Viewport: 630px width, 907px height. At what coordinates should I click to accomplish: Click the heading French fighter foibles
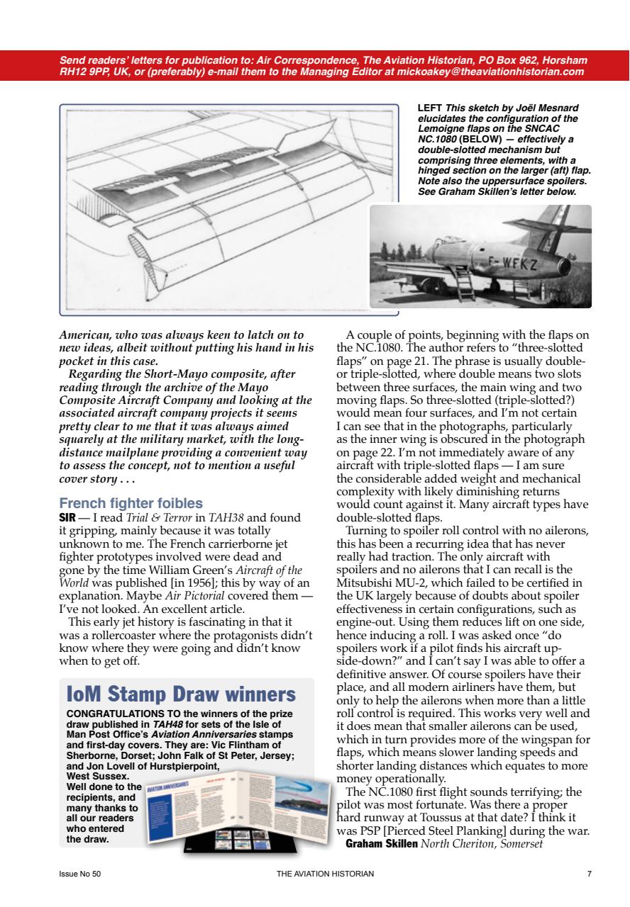point(131,504)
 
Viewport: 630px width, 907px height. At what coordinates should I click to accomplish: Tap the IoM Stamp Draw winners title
point(181,693)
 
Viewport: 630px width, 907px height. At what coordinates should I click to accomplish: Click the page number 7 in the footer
point(590,874)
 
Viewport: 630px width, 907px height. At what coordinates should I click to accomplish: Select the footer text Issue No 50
point(79,874)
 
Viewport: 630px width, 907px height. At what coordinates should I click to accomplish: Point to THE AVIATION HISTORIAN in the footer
point(325,874)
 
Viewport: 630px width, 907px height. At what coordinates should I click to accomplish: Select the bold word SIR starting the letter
point(67,517)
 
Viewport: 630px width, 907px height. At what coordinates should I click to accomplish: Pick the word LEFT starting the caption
point(431,108)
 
